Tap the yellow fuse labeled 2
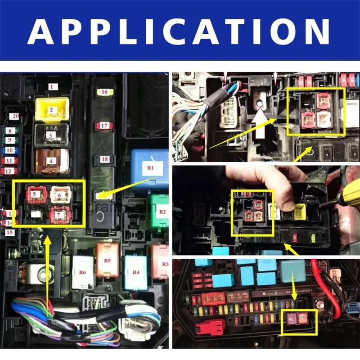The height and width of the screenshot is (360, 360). click(52, 109)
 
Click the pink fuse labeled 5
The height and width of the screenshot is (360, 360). click(36, 194)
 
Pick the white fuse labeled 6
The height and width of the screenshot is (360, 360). click(61, 194)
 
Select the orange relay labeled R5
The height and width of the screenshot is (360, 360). click(107, 260)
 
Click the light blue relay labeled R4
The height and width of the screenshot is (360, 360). click(136, 272)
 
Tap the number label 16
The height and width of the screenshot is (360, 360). click(104, 92)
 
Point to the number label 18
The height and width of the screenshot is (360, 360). click(104, 160)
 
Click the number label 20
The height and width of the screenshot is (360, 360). click(15, 116)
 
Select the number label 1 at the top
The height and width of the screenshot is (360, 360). click(51, 86)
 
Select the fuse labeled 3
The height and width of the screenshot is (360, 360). click(51, 135)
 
